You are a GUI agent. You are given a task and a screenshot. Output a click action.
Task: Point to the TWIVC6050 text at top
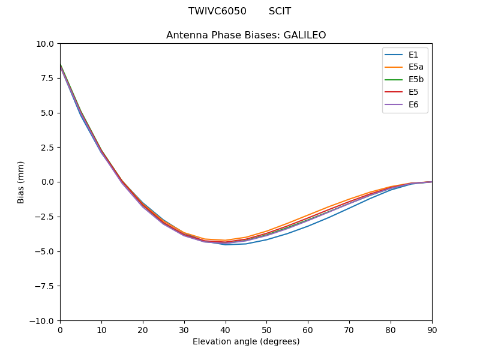217,11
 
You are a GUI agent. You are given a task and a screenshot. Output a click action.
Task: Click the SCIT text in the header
280,11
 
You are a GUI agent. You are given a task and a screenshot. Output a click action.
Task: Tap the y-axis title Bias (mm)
21,182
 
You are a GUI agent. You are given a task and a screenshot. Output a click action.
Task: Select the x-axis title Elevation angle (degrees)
246,342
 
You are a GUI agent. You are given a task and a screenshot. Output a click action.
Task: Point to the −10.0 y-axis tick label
43,321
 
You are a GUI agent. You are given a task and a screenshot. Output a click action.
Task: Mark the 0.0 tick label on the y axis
48,182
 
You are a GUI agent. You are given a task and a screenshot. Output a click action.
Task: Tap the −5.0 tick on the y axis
46,251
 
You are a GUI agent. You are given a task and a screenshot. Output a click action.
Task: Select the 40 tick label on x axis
226,330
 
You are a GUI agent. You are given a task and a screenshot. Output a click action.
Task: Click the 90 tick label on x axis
432,330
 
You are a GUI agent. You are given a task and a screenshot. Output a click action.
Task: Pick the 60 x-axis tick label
308,330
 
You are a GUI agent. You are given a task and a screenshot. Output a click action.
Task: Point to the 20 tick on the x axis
143,330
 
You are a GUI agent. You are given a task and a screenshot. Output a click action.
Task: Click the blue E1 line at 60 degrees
308,226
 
